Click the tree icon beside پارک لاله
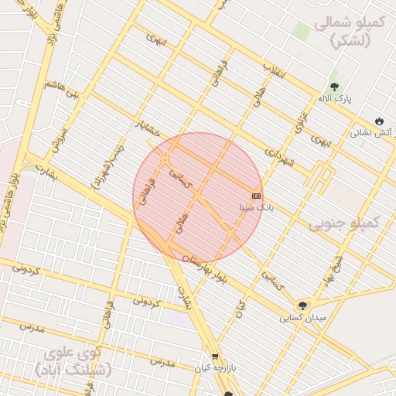(334, 87)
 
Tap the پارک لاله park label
(334, 100)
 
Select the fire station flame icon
(378, 121)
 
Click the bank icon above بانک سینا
(256, 196)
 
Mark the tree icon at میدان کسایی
(302, 306)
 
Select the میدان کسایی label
(303, 318)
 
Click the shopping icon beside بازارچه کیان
(216, 356)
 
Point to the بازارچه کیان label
(216, 368)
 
